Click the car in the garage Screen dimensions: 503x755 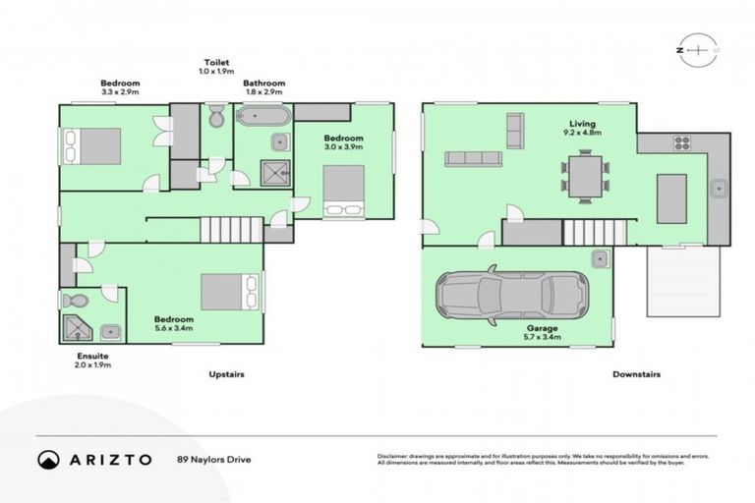pos(513,294)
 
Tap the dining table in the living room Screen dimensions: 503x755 pos(586,175)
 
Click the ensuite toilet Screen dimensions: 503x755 pos(75,301)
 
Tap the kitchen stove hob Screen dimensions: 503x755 pos(681,143)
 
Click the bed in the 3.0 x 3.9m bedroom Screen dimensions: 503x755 pos(343,189)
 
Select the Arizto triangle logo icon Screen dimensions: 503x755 pos(48,459)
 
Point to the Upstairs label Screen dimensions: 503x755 pos(226,374)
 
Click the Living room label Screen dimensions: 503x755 pos(579,124)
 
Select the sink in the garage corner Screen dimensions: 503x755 pos(599,258)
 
